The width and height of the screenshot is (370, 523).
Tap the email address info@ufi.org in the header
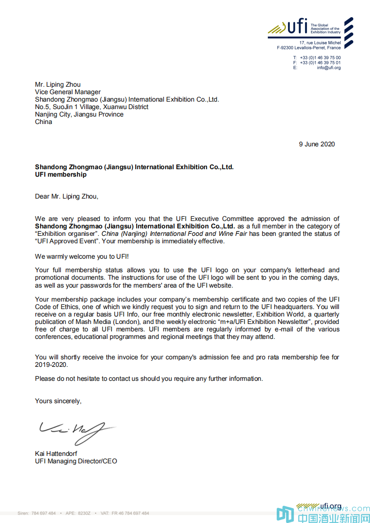[328, 68]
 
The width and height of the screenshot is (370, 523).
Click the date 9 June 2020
[317, 144]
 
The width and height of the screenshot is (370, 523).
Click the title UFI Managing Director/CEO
[76, 461]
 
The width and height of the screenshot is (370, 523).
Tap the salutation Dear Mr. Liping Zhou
[67, 196]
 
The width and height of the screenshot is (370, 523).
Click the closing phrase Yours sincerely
[58, 401]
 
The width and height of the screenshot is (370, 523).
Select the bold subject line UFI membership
[61, 174]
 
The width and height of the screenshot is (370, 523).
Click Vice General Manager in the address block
[68, 92]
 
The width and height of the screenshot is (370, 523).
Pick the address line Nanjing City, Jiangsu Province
[79, 114]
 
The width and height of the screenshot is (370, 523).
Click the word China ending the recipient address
[44, 122]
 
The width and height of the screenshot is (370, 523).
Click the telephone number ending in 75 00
[320, 58]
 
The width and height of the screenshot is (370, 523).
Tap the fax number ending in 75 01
[320, 62]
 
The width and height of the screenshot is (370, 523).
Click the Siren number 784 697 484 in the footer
[43, 513]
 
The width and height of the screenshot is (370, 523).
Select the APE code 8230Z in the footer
[84, 513]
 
